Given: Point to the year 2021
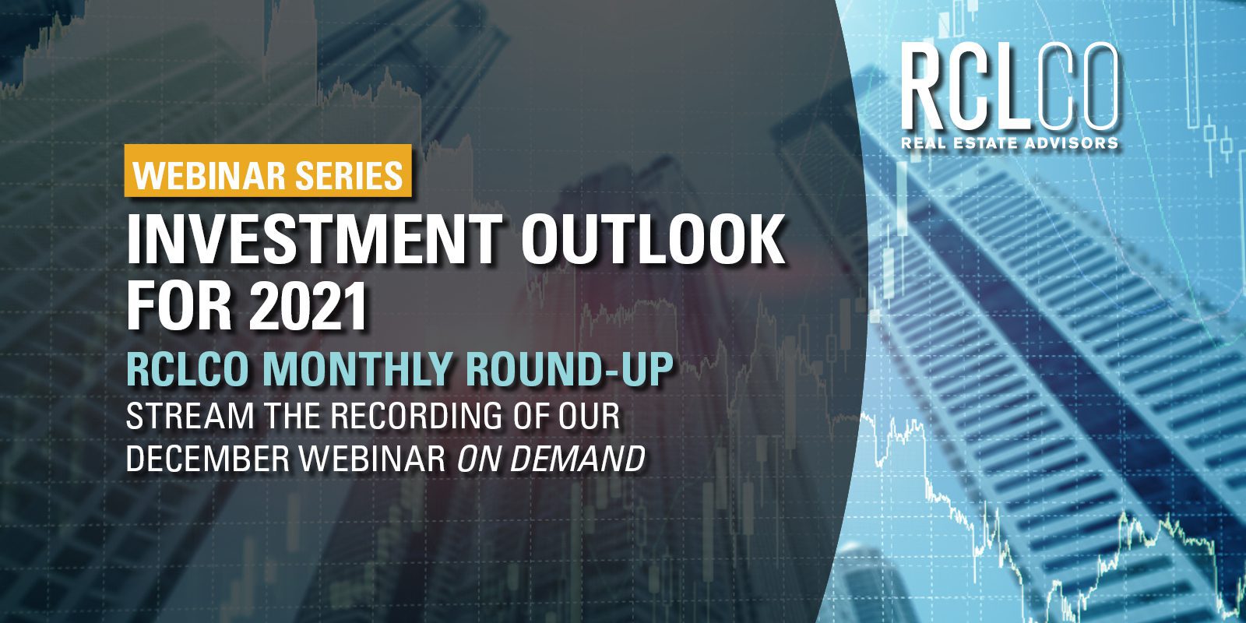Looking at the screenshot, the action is tap(307, 305).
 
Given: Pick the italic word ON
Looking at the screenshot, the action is tap(479, 459).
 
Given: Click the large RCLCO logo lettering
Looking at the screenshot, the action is tap(1009, 87).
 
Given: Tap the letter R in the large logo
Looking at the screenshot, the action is tap(927, 87).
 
